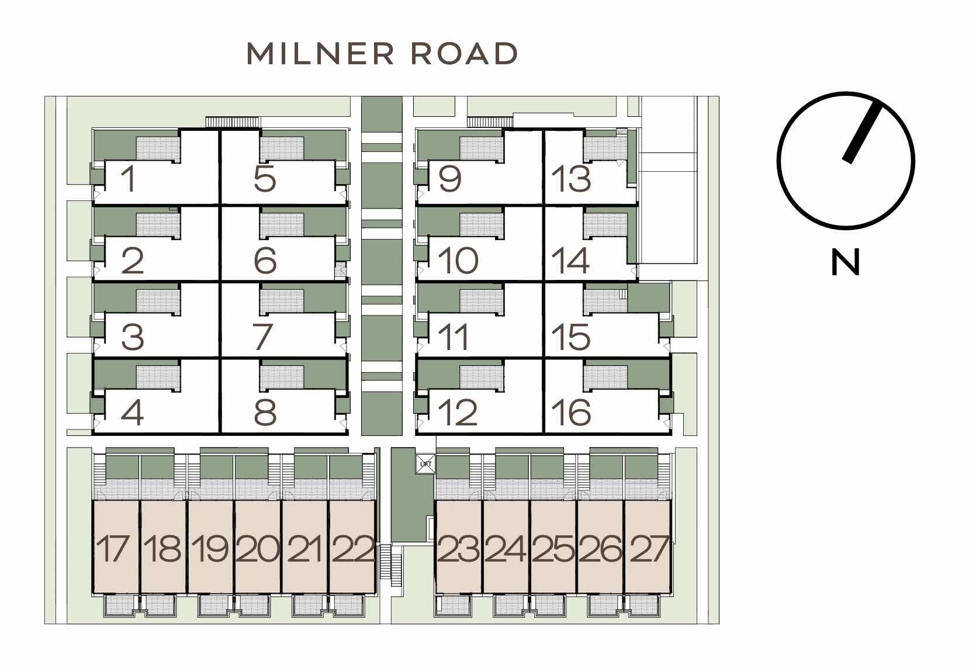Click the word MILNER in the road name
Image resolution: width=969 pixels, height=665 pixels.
click(x=320, y=54)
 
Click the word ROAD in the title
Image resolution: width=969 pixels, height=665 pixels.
click(x=464, y=54)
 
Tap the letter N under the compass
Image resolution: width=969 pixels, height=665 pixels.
click(x=845, y=262)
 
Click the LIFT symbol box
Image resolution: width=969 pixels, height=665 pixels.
click(x=425, y=464)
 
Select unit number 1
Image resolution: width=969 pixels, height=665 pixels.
click(x=129, y=179)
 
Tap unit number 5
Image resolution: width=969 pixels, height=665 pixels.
click(x=265, y=178)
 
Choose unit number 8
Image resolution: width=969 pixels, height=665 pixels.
click(x=265, y=413)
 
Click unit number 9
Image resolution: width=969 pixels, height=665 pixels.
click(x=450, y=179)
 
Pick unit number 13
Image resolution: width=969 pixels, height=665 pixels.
click(x=571, y=179)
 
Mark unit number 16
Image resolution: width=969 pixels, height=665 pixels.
click(x=571, y=413)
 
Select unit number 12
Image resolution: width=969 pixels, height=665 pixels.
click(x=458, y=413)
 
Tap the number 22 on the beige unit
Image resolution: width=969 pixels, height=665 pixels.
click(x=352, y=549)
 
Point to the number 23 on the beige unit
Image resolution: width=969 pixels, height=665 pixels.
click(x=459, y=549)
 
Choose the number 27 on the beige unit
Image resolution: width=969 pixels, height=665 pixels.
click(x=649, y=549)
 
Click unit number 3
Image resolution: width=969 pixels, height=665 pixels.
click(x=132, y=337)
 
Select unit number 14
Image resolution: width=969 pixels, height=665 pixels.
click(x=570, y=261)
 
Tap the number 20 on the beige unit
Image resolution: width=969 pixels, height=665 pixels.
click(x=258, y=549)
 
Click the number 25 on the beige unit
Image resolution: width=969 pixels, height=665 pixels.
click(x=553, y=549)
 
